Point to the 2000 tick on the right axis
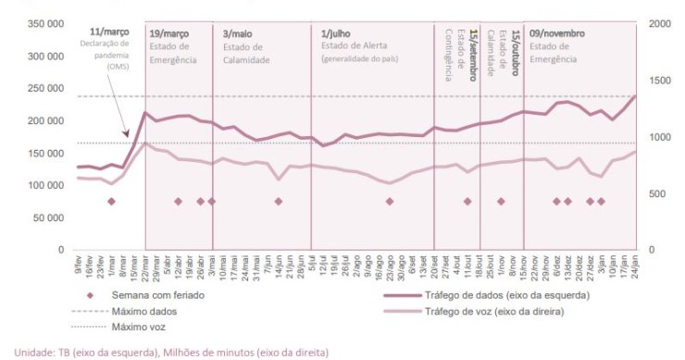tap(659, 23)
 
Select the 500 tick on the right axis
tap(656, 193)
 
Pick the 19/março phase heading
tap(169, 32)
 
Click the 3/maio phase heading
tap(239, 33)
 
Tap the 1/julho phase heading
tap(337, 33)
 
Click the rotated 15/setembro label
tap(474, 45)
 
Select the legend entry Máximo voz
tap(135, 327)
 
